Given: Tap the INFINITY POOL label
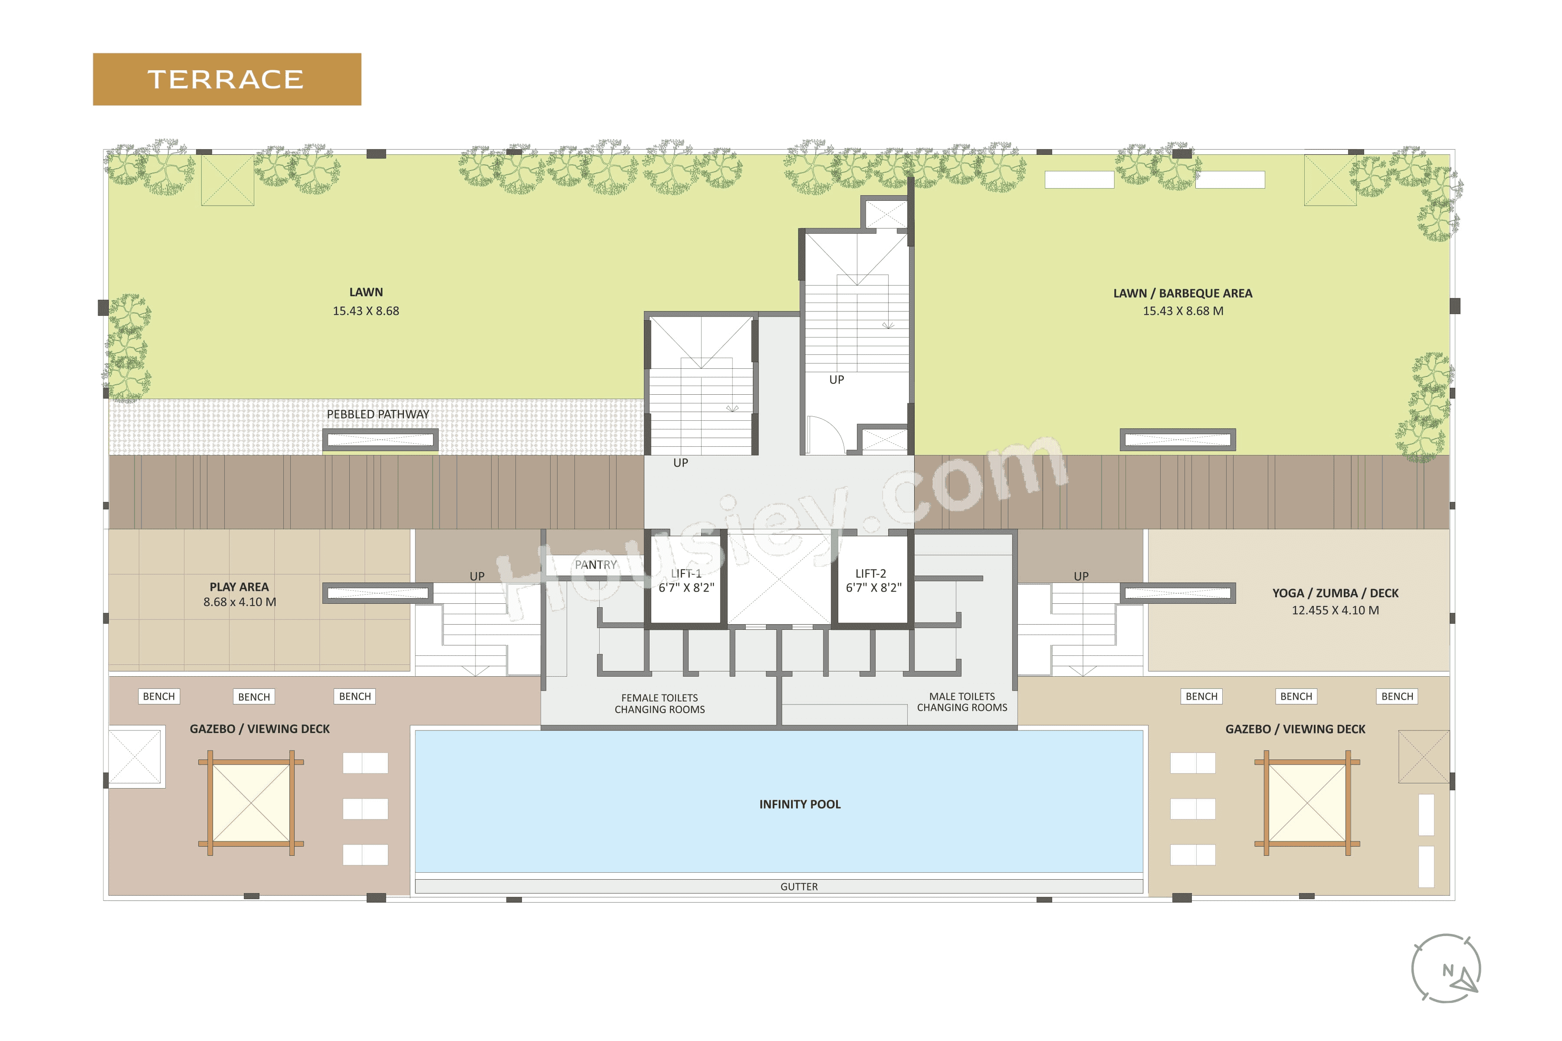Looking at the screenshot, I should click(x=800, y=804).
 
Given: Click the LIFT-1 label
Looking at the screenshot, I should click(x=686, y=573).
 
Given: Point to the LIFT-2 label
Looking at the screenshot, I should click(x=871, y=573).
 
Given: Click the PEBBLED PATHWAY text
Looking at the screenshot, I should click(x=378, y=414).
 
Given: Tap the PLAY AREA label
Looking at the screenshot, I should click(x=239, y=587).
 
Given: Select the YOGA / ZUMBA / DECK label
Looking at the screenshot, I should click(x=1335, y=593).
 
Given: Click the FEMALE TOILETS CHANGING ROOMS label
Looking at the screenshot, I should click(x=660, y=704).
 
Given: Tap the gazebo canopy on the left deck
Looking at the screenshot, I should click(x=251, y=803).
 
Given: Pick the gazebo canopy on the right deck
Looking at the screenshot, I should click(x=1307, y=803).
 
